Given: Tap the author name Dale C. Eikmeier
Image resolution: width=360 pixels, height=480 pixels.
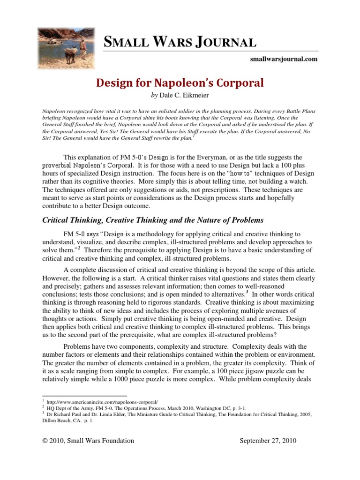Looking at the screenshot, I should [x=188, y=95].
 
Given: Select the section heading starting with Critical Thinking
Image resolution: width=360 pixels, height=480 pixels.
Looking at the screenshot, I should [x=153, y=220].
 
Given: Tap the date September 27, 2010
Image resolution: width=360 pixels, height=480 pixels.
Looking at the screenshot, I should [x=268, y=441].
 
